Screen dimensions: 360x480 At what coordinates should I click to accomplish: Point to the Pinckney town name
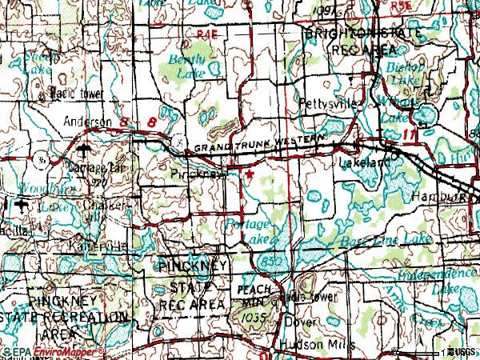tap(197, 172)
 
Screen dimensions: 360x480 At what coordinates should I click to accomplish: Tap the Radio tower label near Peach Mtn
tap(313, 297)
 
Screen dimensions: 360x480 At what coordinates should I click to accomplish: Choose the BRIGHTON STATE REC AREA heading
tap(359, 42)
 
